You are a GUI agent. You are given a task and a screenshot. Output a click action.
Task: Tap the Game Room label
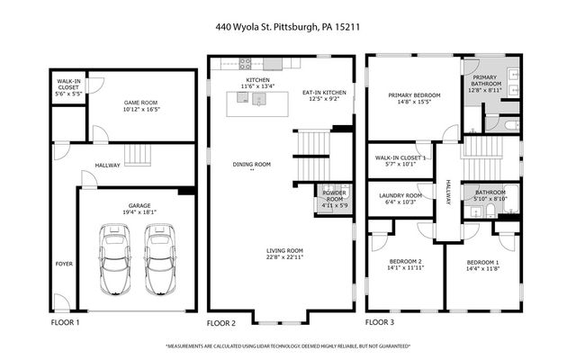pyautogui.click(x=141, y=103)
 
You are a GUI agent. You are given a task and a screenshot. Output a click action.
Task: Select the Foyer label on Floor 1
pyautogui.click(x=64, y=264)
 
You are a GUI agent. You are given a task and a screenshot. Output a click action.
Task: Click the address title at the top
pyautogui.click(x=288, y=26)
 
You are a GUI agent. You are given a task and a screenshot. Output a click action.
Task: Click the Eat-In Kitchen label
pyautogui.click(x=323, y=93)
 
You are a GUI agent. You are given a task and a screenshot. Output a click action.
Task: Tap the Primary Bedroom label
pyautogui.click(x=413, y=94)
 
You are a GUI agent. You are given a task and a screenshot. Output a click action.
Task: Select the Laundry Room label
pyautogui.click(x=400, y=195)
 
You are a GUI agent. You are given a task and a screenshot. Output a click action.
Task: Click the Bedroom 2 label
pyautogui.click(x=404, y=262)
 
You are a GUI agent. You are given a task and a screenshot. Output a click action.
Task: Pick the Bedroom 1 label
pyautogui.click(x=483, y=262)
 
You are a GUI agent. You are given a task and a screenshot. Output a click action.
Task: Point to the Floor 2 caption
pyautogui.click(x=221, y=322)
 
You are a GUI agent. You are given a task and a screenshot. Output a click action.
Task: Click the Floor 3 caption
pyautogui.click(x=380, y=322)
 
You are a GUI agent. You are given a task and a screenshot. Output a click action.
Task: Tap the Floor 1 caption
pyautogui.click(x=64, y=322)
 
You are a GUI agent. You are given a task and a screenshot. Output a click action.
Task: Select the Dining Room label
pyautogui.click(x=251, y=165)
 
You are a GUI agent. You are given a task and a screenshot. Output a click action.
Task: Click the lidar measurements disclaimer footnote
pyautogui.click(x=288, y=346)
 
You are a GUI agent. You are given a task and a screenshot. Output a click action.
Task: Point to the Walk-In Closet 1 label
pyautogui.click(x=400, y=157)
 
